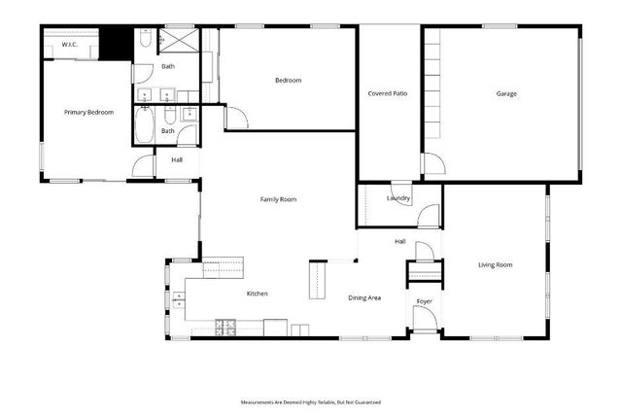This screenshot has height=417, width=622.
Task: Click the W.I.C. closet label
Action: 69,45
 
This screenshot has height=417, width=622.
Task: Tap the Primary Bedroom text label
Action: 88,113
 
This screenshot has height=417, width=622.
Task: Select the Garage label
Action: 506,94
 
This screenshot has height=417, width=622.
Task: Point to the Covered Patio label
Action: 387,94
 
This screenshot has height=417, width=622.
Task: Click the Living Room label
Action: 495,264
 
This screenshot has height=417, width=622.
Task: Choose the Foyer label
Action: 424,301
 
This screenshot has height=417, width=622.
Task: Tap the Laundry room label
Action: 398,198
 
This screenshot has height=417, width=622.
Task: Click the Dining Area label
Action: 364,296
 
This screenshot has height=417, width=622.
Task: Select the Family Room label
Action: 278,199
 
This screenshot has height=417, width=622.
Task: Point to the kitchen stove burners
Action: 224,325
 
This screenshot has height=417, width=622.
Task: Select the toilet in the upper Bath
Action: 143,39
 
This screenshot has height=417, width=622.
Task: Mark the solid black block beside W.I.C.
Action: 118,45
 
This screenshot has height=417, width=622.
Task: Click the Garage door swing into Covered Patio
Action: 432,167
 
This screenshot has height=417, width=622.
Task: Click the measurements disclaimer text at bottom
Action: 311,401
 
